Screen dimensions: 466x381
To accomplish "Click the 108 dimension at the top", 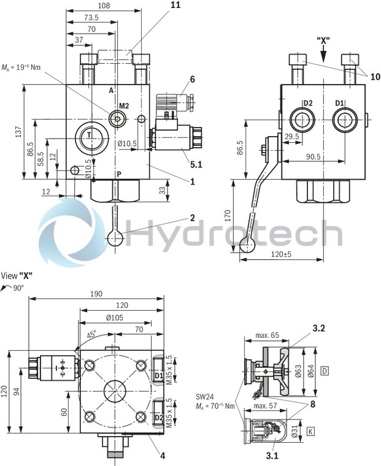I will [105, 6].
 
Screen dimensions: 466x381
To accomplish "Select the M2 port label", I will [124, 106].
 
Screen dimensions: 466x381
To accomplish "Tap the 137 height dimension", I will [18, 132].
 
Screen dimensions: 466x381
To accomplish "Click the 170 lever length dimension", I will [227, 215].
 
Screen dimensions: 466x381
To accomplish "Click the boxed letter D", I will [325, 370].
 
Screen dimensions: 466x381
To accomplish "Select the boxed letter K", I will [312, 432].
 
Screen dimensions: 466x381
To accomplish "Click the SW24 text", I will [205, 396].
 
